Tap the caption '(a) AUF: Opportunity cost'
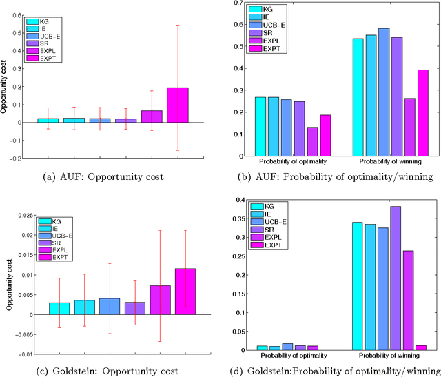114,176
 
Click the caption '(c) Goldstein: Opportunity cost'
114,371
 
